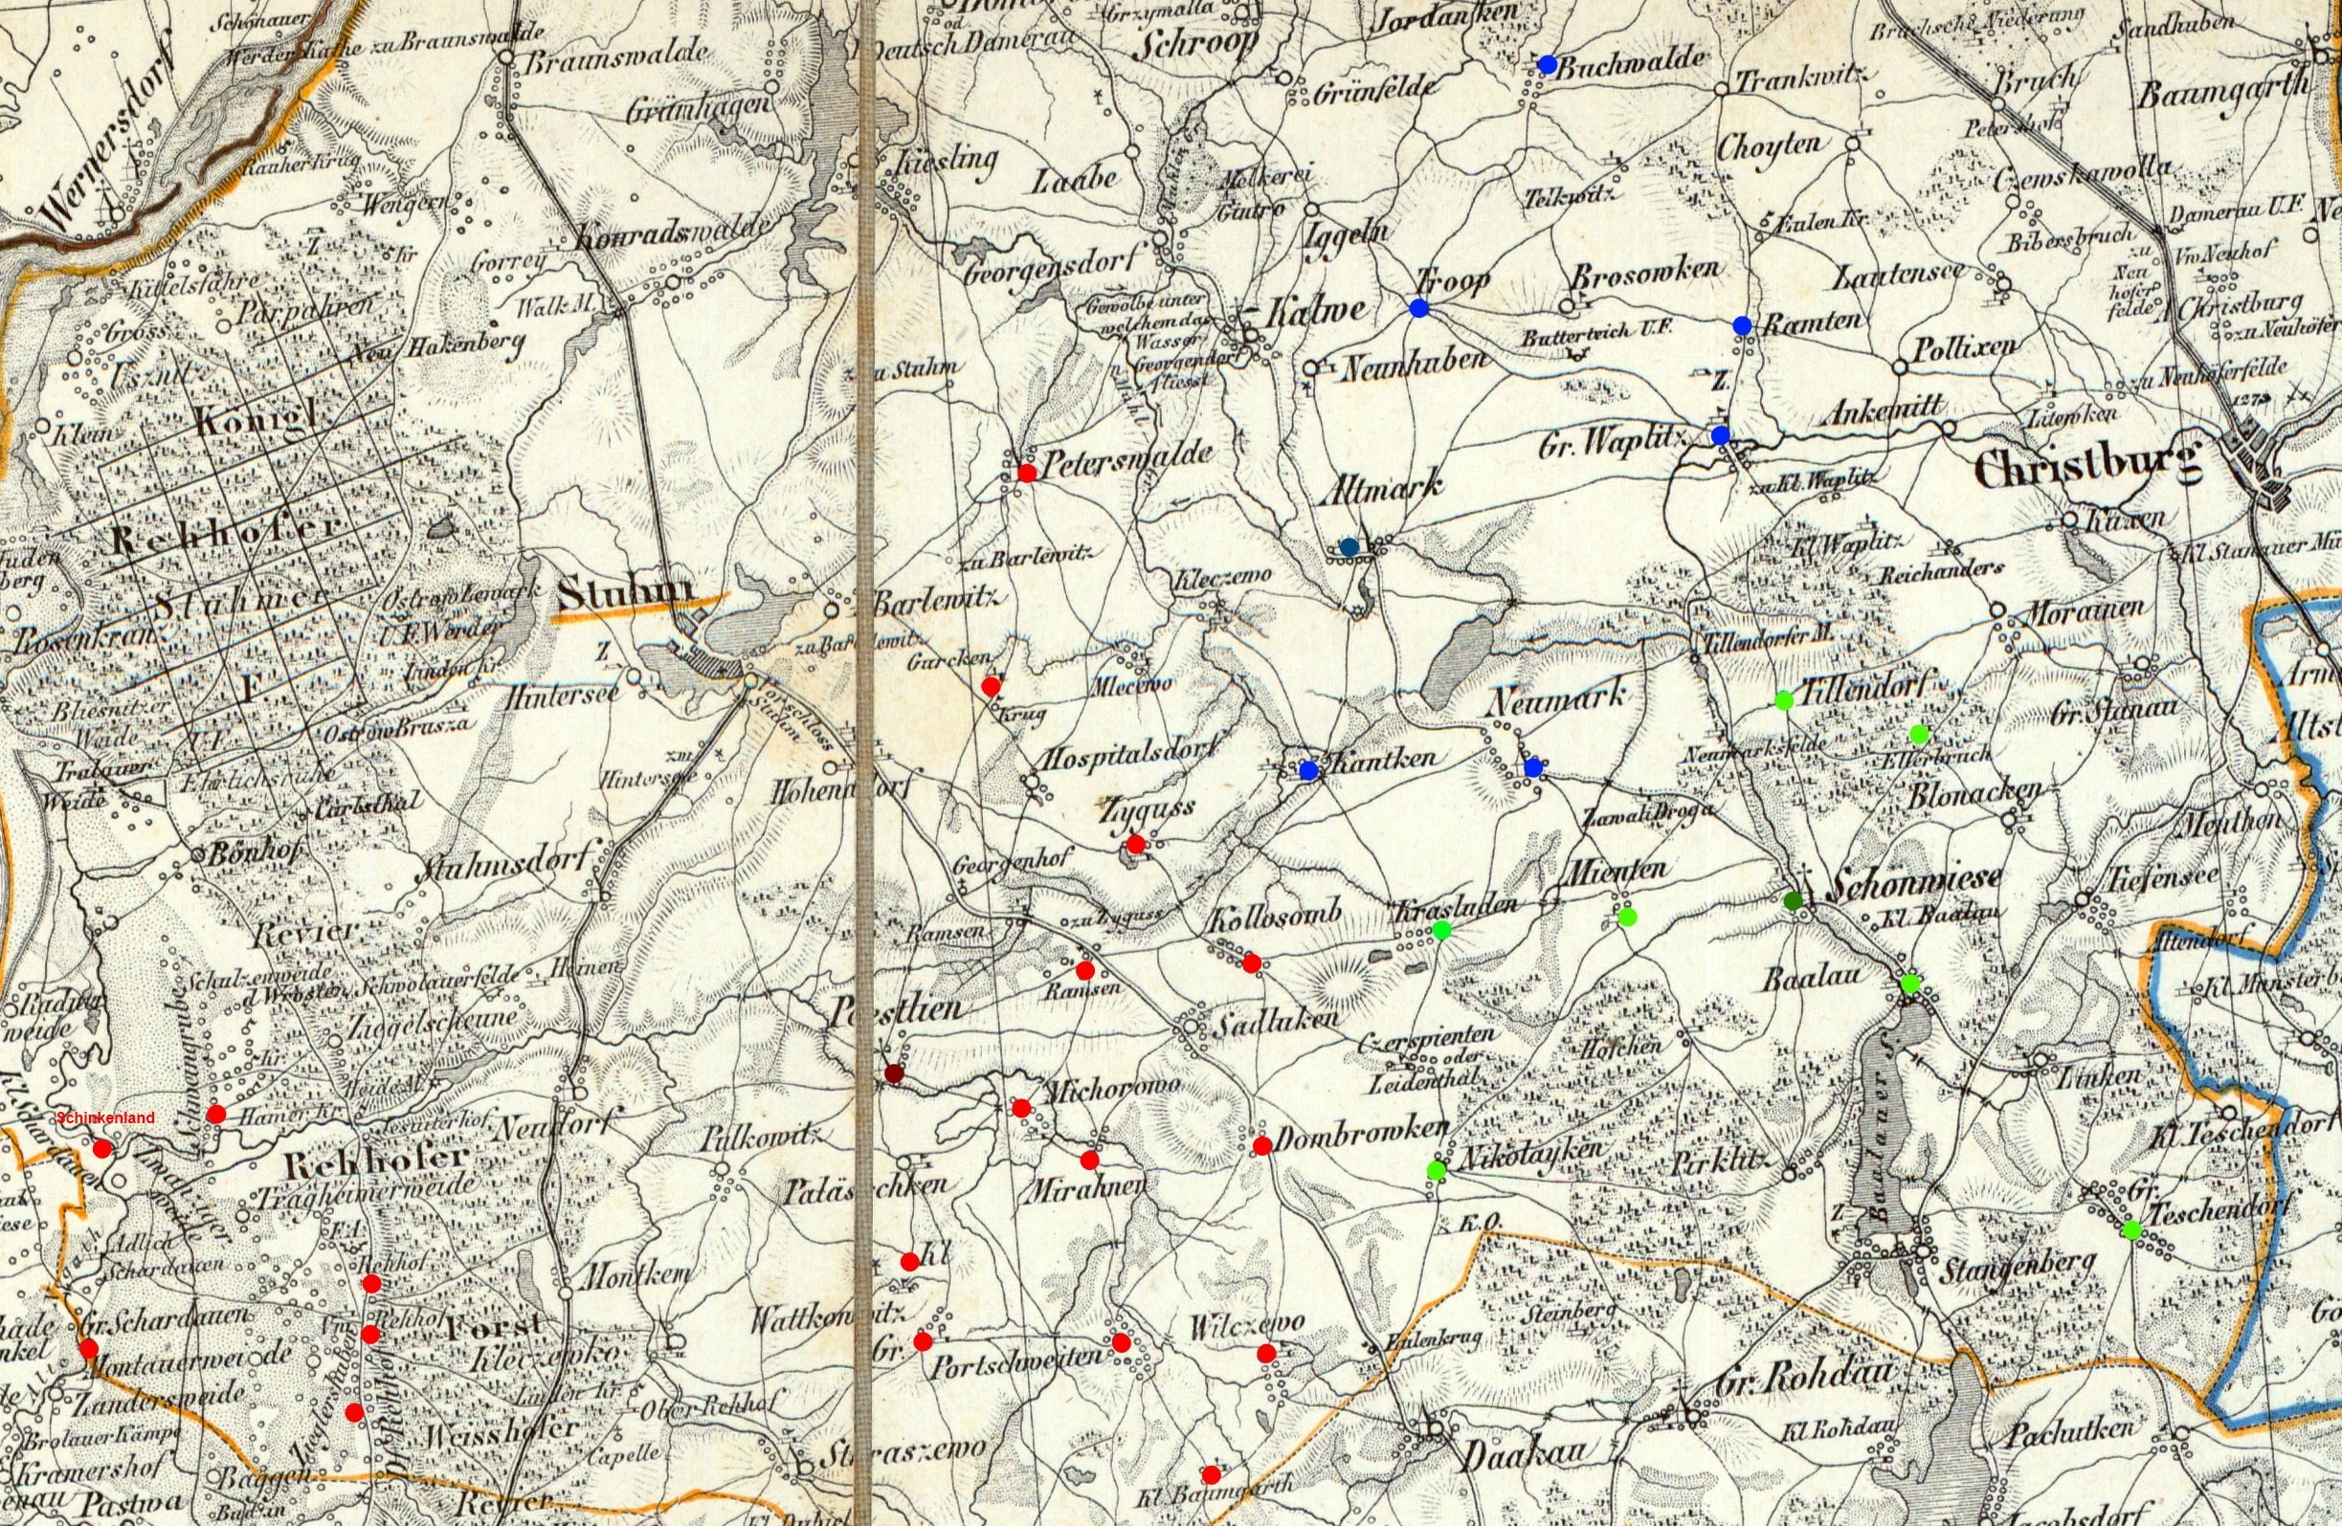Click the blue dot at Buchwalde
1546,65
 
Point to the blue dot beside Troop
1418,308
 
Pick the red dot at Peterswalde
1026,473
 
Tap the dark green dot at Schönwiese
1793,900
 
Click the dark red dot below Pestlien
894,1073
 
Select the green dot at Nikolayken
1436,1170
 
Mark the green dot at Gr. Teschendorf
2130,1228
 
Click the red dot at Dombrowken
1260,1145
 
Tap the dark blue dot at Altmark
1349,547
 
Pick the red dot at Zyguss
1134,843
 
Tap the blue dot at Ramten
1742,324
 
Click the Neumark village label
1556,699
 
